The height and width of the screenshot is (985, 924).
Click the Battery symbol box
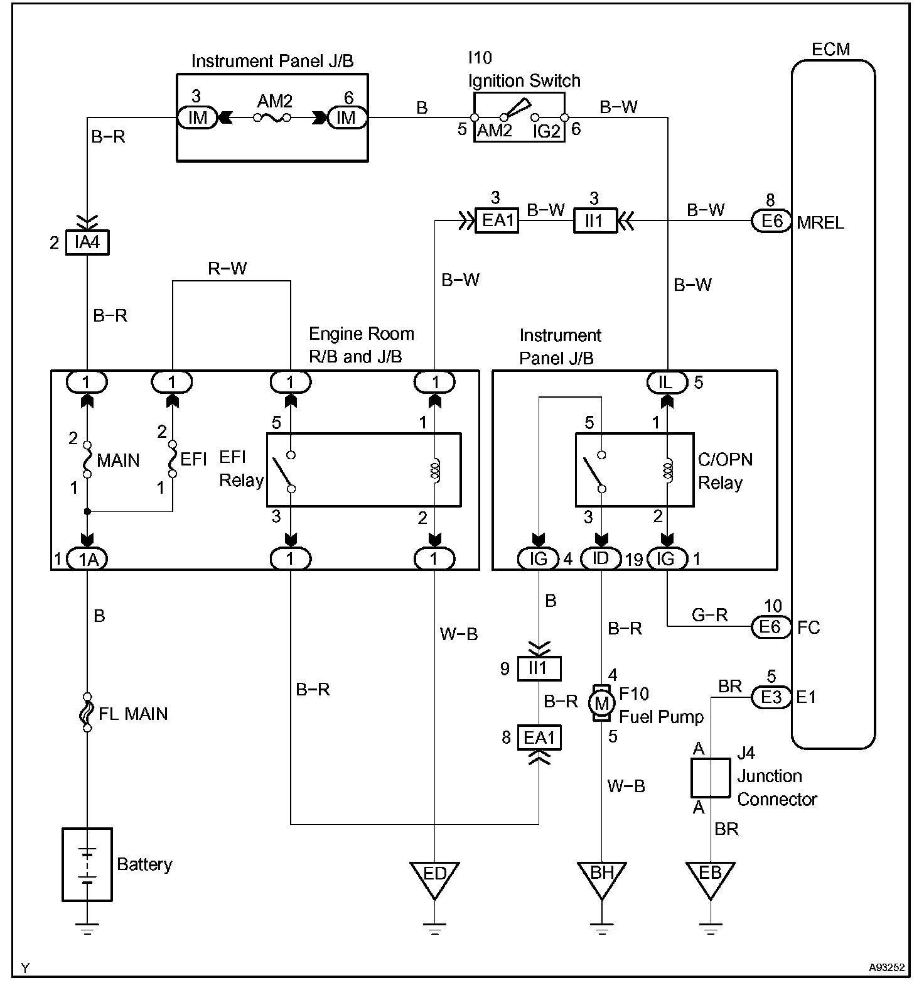87,864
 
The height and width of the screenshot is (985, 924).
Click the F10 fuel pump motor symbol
601,703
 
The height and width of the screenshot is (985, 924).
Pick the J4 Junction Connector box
711,777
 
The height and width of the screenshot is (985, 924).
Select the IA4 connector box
87,242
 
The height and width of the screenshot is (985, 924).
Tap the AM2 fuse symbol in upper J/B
272,117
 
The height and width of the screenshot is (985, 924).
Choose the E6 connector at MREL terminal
771,221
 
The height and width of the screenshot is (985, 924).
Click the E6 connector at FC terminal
771,626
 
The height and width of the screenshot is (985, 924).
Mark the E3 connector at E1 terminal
771,697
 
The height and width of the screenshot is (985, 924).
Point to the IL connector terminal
667,382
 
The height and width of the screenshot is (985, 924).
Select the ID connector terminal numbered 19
601,558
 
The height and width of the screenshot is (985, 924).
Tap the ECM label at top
830,50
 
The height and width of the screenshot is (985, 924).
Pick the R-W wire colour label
227,269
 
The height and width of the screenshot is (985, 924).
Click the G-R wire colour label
710,615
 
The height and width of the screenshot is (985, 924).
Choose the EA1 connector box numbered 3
497,221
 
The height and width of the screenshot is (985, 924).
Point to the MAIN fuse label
118,460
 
